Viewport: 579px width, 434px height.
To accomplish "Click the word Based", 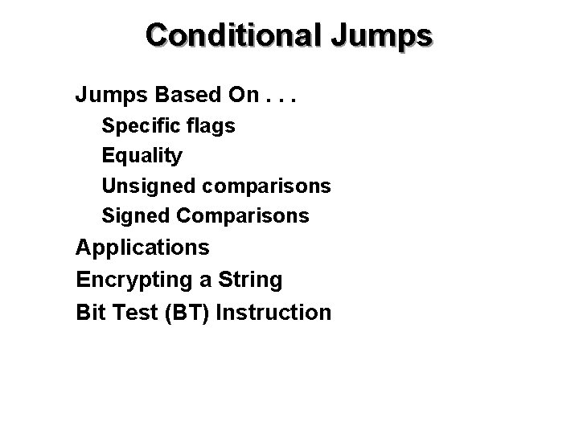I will coord(189,96).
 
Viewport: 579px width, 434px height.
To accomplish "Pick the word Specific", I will coord(138,126).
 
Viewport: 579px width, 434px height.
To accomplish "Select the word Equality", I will coord(142,156).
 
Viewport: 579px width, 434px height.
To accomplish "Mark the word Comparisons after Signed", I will coord(242,215).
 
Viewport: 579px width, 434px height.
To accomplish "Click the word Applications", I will coord(142,247).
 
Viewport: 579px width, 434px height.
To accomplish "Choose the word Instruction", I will coord(273,312).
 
